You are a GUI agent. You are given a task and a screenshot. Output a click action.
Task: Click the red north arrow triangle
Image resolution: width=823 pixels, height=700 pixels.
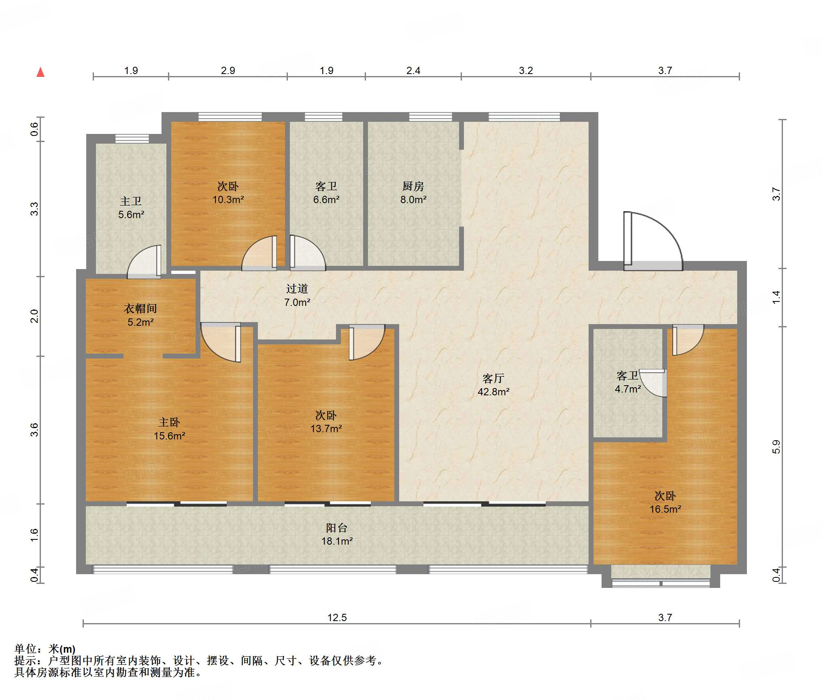point(40,72)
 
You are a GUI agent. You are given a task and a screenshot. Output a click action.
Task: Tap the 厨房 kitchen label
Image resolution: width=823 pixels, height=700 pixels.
point(413,186)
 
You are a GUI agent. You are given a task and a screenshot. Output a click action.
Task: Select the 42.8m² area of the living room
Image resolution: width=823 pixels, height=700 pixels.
point(493,392)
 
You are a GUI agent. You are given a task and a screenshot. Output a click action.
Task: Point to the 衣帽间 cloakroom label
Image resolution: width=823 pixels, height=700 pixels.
point(140,309)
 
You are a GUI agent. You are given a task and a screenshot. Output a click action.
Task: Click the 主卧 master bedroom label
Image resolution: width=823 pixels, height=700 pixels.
point(169,422)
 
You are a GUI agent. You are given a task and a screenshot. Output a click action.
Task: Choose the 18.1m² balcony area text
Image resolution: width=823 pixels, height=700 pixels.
point(337,541)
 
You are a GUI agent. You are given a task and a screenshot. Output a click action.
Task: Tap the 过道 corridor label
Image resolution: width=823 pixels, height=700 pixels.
point(297,288)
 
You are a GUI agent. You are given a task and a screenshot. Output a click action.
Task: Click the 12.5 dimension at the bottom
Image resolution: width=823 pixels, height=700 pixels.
point(337,617)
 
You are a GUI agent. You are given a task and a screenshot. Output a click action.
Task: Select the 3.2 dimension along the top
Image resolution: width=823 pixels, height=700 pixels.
point(526,70)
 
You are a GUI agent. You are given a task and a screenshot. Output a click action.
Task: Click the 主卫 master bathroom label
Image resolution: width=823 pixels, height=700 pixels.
point(131,201)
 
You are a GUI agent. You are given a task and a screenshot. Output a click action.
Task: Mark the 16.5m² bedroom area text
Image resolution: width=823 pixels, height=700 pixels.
point(665,509)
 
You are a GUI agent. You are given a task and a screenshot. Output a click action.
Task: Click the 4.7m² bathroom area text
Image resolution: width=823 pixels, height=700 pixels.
point(627,389)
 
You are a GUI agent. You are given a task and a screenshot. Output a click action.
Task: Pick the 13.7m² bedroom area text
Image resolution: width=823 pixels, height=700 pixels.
point(326,428)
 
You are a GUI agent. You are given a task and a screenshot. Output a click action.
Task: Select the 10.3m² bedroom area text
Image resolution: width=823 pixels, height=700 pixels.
point(228,199)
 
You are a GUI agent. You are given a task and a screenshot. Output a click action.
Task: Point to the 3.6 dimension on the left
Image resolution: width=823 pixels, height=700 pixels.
point(34,430)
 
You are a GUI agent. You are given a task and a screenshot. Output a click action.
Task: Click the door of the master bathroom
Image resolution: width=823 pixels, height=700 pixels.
point(145,261)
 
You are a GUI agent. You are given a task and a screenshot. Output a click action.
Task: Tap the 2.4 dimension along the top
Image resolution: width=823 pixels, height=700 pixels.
point(413,70)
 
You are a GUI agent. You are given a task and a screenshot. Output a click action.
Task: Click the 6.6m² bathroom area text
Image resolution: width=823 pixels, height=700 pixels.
point(326,199)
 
